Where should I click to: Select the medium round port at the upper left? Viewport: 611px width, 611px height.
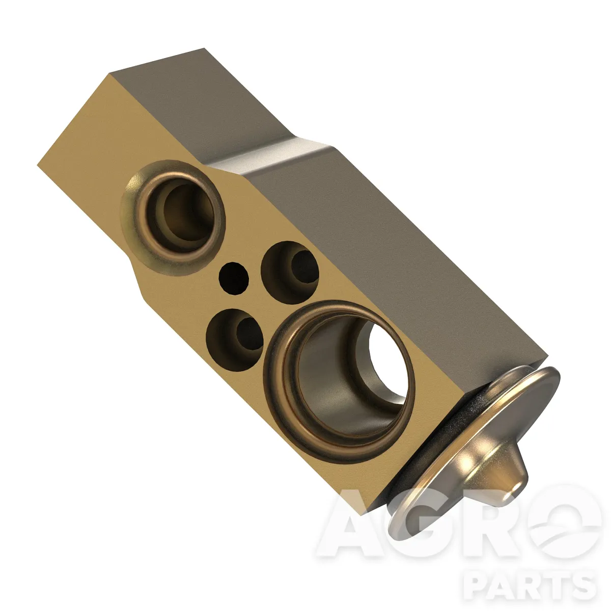[173, 218]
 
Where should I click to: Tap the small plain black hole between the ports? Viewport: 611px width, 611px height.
[234, 278]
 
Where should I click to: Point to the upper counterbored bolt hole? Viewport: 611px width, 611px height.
[290, 272]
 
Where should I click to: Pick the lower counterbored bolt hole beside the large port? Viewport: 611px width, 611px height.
[235, 339]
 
